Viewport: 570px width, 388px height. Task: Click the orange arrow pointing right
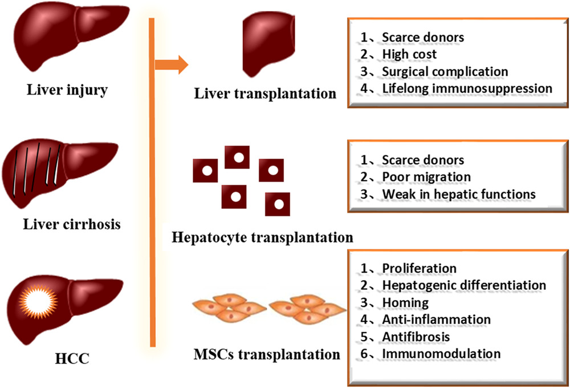pyautogui.click(x=172, y=64)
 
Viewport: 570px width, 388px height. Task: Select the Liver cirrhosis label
pyautogui.click(x=72, y=223)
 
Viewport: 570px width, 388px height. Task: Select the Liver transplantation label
pyautogui.click(x=265, y=93)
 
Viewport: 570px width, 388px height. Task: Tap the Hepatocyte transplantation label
pyautogui.click(x=262, y=236)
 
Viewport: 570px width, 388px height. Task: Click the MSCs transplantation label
pyautogui.click(x=264, y=354)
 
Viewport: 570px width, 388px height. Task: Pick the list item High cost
pyautogui.click(x=409, y=54)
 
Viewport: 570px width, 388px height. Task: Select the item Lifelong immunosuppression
pyautogui.click(x=467, y=88)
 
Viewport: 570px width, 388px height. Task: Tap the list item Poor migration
pyautogui.click(x=426, y=177)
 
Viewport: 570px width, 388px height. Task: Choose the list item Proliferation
pyautogui.click(x=419, y=268)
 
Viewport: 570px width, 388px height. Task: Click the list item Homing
pyautogui.click(x=405, y=302)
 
